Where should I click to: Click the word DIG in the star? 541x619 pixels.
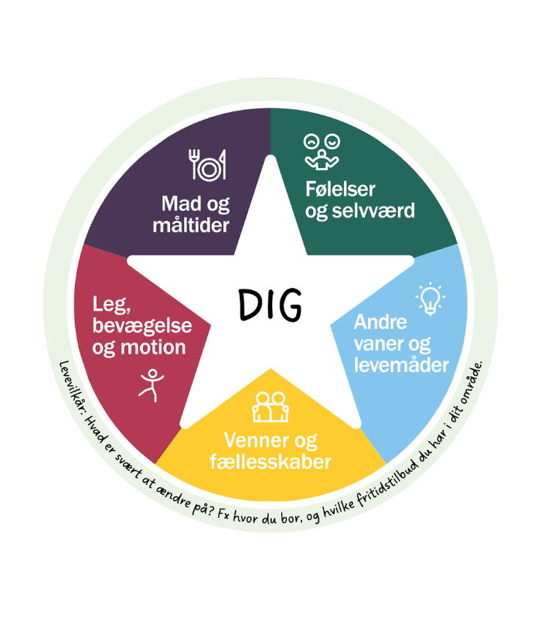270,305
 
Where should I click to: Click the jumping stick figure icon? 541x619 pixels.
151,385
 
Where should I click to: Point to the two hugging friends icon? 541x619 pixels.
270,407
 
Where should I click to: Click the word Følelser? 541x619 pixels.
341,189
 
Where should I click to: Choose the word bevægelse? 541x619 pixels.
143,326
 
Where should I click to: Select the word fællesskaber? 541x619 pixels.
270,462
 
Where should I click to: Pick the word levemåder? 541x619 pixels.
402,364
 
